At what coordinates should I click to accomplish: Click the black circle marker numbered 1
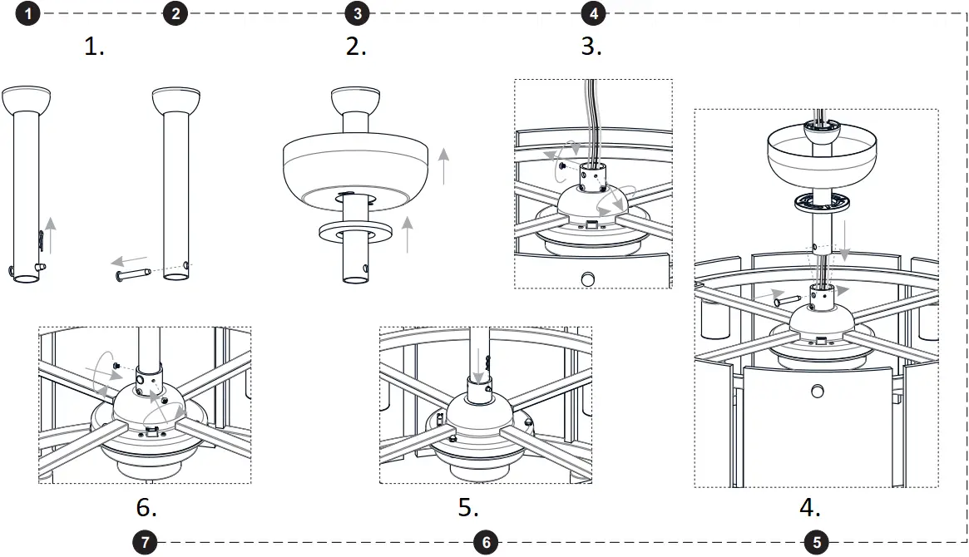click(x=29, y=13)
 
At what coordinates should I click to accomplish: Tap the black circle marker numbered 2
click(x=175, y=13)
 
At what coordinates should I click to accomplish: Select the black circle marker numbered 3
click(x=357, y=13)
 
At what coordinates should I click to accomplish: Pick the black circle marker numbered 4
click(x=593, y=13)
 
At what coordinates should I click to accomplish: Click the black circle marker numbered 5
click(x=816, y=543)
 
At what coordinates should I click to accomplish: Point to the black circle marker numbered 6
click(x=486, y=543)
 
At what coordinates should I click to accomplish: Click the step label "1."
click(x=95, y=47)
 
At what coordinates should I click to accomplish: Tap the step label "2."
click(x=356, y=47)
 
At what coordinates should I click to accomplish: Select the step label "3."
click(x=591, y=47)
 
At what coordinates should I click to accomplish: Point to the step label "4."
click(x=810, y=507)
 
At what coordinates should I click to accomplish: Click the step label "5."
click(x=468, y=507)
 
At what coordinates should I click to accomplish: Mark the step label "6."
click(x=146, y=507)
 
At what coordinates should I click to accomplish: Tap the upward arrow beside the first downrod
click(x=52, y=233)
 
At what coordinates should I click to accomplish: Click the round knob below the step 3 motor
click(x=589, y=278)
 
